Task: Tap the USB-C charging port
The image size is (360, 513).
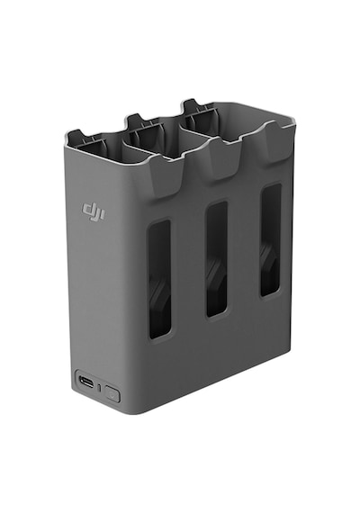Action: point(86,382)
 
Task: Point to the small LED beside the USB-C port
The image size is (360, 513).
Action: point(100,388)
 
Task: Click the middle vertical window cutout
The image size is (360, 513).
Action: point(217,259)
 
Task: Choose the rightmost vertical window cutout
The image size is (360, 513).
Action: point(270,239)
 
